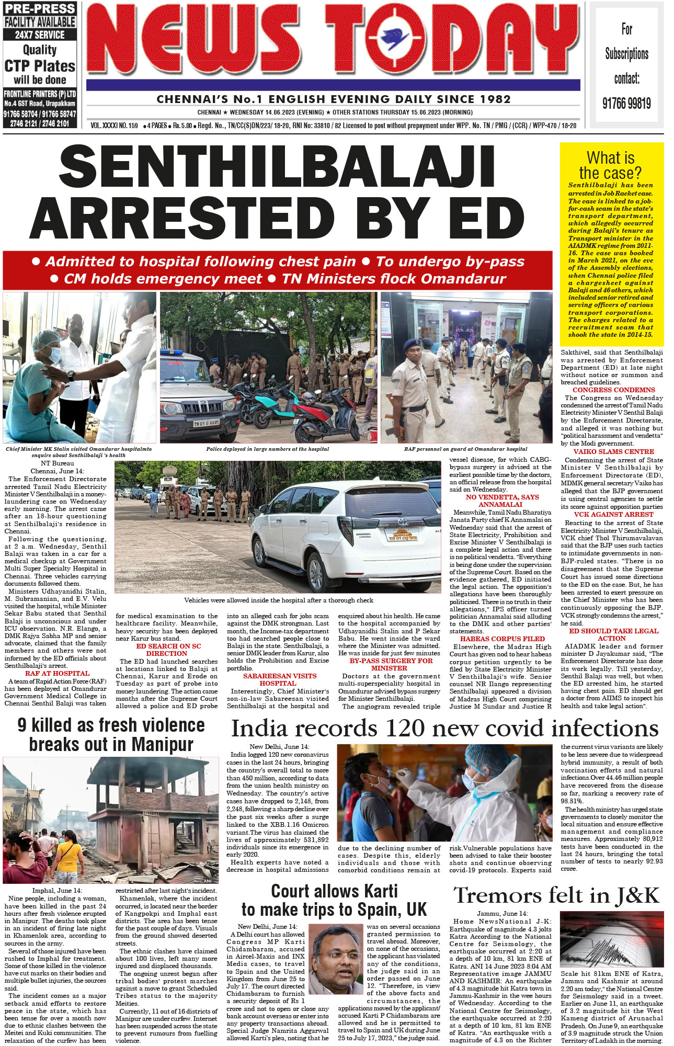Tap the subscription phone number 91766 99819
(x=626, y=103)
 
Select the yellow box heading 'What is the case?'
(x=610, y=165)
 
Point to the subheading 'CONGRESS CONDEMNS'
(x=613, y=390)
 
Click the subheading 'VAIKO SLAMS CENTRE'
(x=613, y=452)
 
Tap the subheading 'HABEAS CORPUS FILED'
(x=502, y=639)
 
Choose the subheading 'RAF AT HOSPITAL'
(x=57, y=674)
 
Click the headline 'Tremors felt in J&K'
(x=556, y=895)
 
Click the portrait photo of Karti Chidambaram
(x=336, y=956)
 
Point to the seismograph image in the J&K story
(x=611, y=939)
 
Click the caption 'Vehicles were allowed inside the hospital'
(x=278, y=600)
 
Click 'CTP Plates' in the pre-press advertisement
(x=40, y=66)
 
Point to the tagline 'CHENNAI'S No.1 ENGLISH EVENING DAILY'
(x=333, y=99)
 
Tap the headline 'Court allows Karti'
(x=334, y=891)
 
